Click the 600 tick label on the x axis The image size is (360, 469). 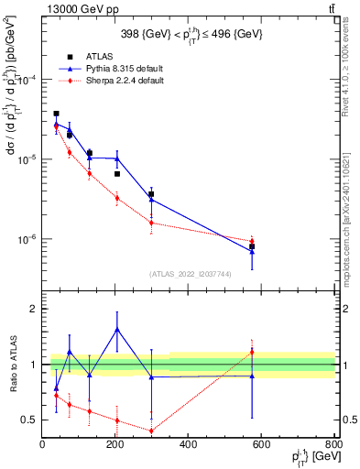(x=261, y=445)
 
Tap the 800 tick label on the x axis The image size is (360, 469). (x=333, y=445)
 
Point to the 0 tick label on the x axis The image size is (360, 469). (x=42, y=445)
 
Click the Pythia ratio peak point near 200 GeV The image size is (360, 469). (x=117, y=329)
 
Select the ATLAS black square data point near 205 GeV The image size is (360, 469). (x=117, y=174)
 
